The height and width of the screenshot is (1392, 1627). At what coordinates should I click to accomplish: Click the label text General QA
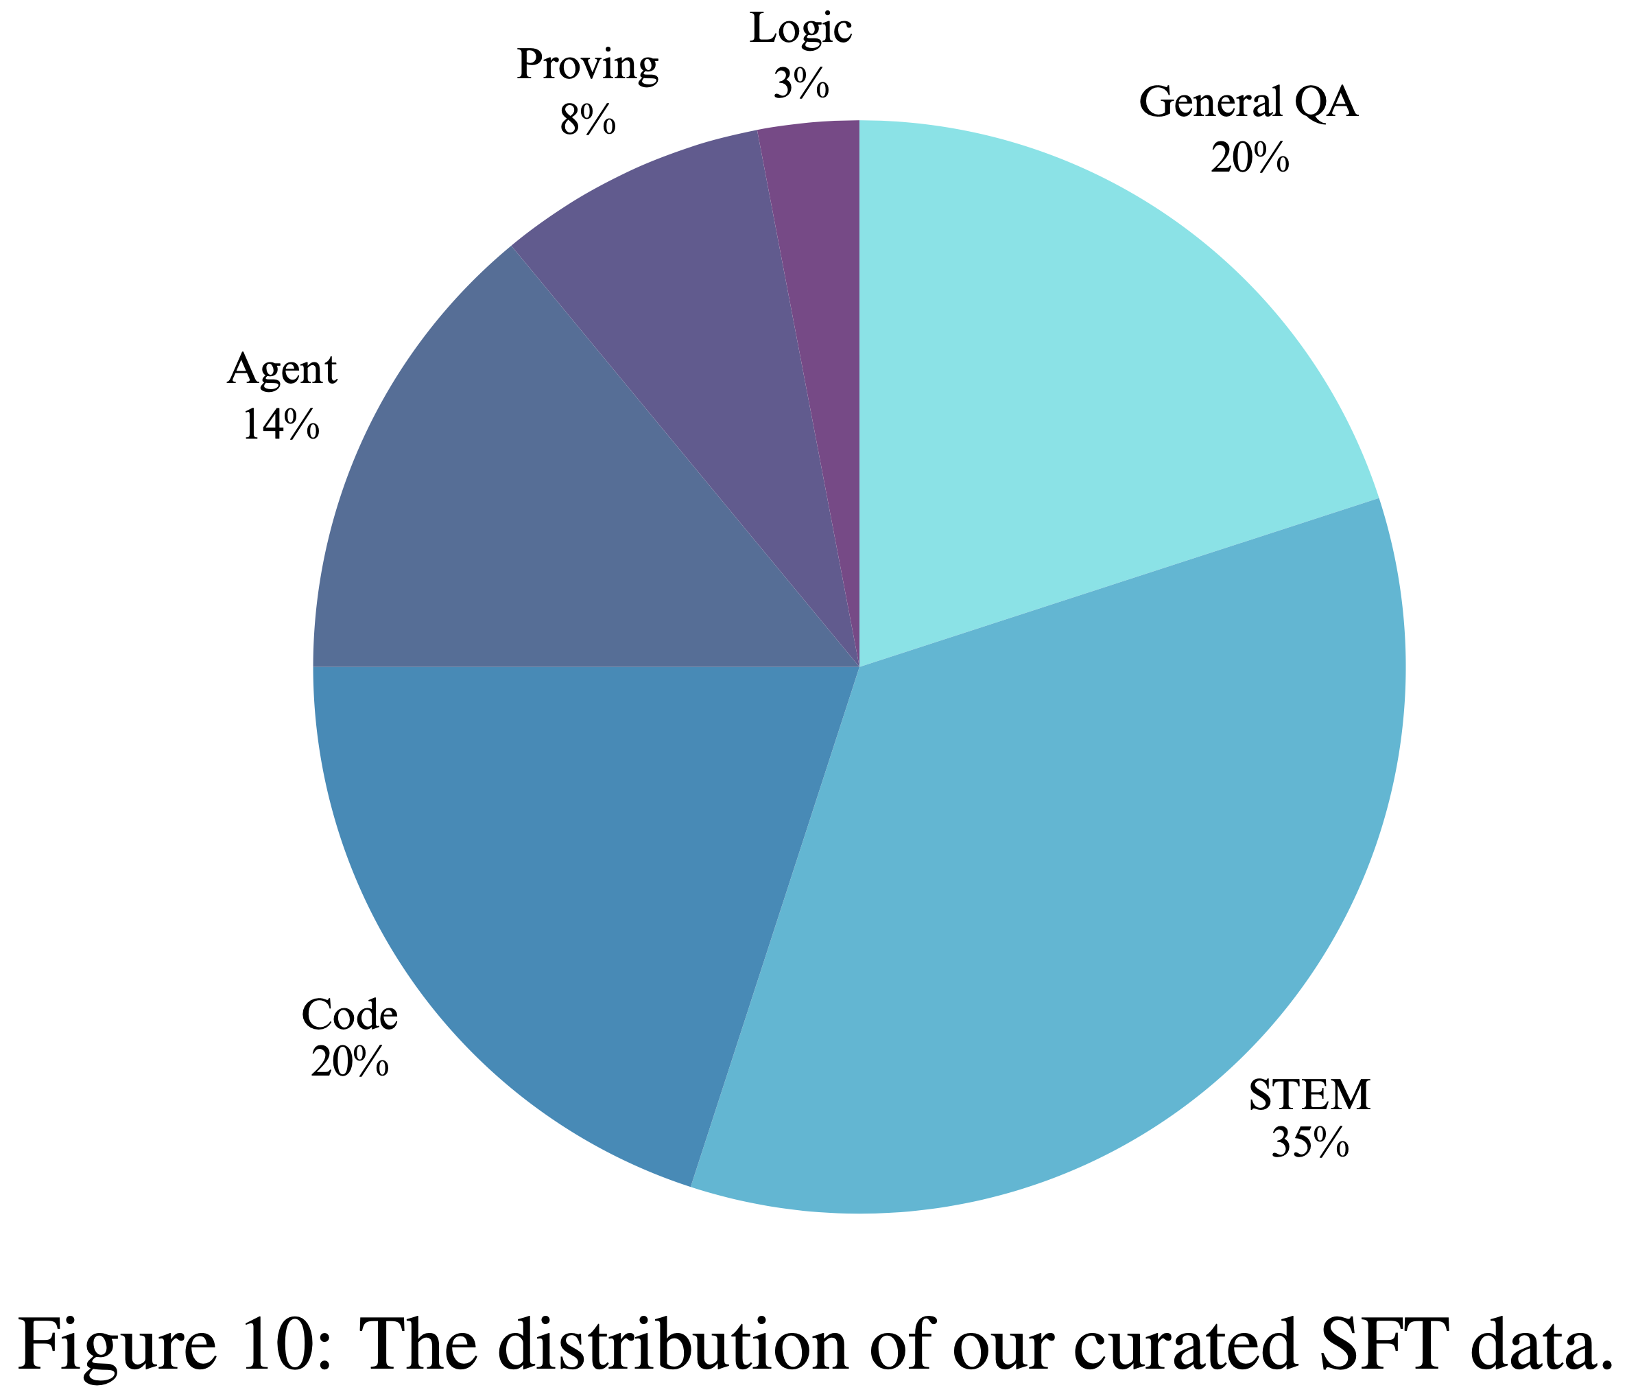click(1248, 103)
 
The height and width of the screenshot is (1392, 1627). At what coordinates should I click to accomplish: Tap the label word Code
click(349, 1015)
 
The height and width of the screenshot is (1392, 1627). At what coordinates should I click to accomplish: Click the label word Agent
click(282, 369)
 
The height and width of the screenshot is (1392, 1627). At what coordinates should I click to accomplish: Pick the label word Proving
click(587, 65)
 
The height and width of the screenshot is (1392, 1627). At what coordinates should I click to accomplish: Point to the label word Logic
click(801, 30)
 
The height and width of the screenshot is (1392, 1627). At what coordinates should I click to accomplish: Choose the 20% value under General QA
click(1249, 158)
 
